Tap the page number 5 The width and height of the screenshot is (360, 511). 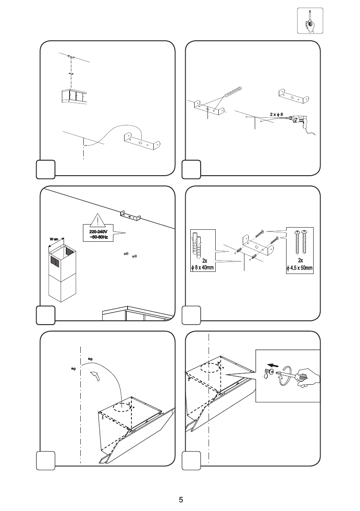point(181,499)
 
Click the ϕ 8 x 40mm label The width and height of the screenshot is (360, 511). point(202,268)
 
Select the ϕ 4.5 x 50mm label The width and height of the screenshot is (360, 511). point(300,269)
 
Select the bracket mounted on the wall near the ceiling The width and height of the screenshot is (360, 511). point(130,215)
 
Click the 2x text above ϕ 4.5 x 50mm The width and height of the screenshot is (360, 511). point(300,261)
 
